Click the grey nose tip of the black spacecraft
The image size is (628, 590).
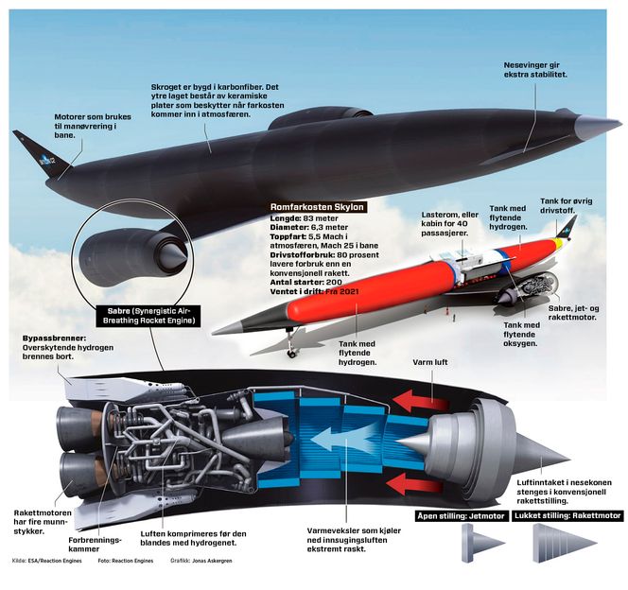coord(596,128)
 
